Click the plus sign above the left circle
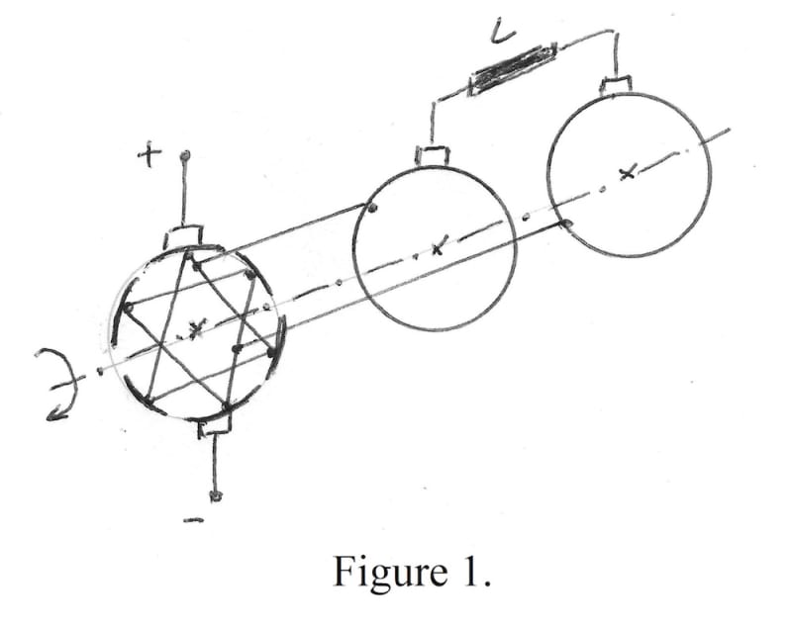point(149,155)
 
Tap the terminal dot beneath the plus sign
point(184,156)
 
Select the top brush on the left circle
point(184,237)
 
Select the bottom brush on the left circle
point(215,426)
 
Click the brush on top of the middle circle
point(432,154)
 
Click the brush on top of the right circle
point(616,85)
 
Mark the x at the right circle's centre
point(626,174)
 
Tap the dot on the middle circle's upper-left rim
point(370,209)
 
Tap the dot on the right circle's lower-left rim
point(567,225)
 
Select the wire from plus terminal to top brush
point(184,193)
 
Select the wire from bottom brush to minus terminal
point(215,463)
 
